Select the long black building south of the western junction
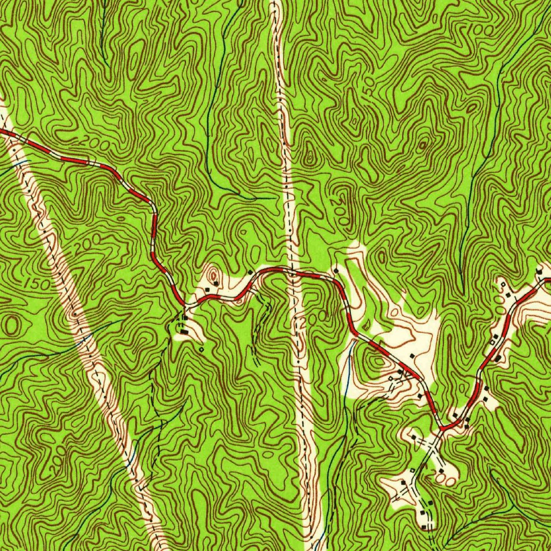tap(185, 333)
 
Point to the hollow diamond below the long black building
tap(201, 349)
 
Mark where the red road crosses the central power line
tap(292, 272)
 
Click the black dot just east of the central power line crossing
tap(336, 270)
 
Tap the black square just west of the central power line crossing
tap(250, 272)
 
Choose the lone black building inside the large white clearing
tap(411, 356)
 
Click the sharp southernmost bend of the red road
tap(442, 428)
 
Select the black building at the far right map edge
tap(539, 271)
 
